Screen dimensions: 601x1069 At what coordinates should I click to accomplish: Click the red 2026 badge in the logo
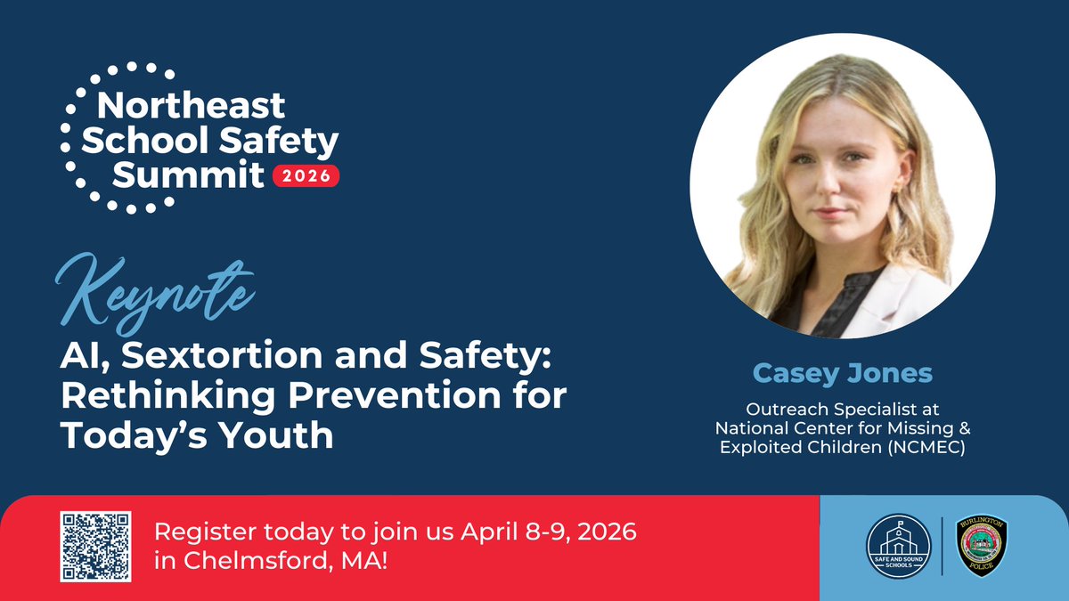tap(306, 175)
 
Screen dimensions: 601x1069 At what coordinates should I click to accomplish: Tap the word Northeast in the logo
tap(191, 106)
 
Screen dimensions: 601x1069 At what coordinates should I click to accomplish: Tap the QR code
tap(95, 547)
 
